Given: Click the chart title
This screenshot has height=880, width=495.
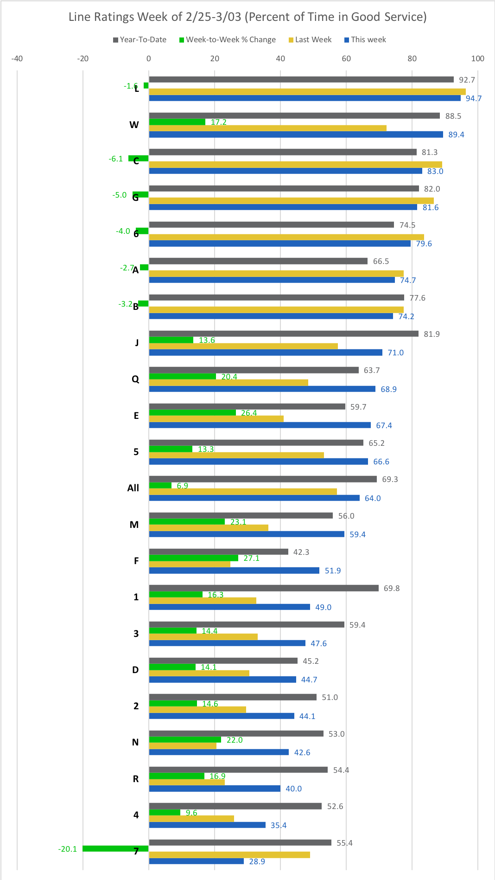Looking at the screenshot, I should [x=247, y=17].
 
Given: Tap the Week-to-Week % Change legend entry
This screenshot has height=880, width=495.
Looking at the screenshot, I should [x=228, y=40].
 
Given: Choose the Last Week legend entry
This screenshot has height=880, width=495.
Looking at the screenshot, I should [x=310, y=40].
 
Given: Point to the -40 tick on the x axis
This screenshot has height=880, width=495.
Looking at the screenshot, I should [x=17, y=58].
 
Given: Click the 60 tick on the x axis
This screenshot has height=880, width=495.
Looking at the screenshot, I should [x=346, y=58].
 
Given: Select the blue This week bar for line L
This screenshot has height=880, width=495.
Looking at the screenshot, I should [x=305, y=98].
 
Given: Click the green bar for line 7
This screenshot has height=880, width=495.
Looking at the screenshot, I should [x=115, y=849].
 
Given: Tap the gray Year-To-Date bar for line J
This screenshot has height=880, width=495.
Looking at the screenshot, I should [x=283, y=334].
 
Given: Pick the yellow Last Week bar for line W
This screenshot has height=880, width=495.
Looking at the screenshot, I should [x=267, y=128].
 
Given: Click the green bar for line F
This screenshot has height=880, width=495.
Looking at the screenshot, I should [x=193, y=558].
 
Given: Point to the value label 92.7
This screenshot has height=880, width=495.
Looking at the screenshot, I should [x=467, y=80].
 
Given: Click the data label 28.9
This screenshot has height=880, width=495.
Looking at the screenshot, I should [x=257, y=861].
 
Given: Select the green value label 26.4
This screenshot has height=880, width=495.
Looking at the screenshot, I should [x=249, y=413].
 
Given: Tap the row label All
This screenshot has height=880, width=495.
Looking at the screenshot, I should [x=133, y=488].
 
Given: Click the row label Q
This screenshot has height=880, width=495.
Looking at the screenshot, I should [x=135, y=379].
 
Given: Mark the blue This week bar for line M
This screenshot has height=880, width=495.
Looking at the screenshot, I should [x=247, y=534].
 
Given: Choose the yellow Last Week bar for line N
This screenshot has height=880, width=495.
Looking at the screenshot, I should [x=183, y=746].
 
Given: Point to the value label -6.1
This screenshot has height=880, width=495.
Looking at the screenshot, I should [x=116, y=159].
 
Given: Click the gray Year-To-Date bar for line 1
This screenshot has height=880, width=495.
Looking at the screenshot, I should [x=264, y=588].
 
